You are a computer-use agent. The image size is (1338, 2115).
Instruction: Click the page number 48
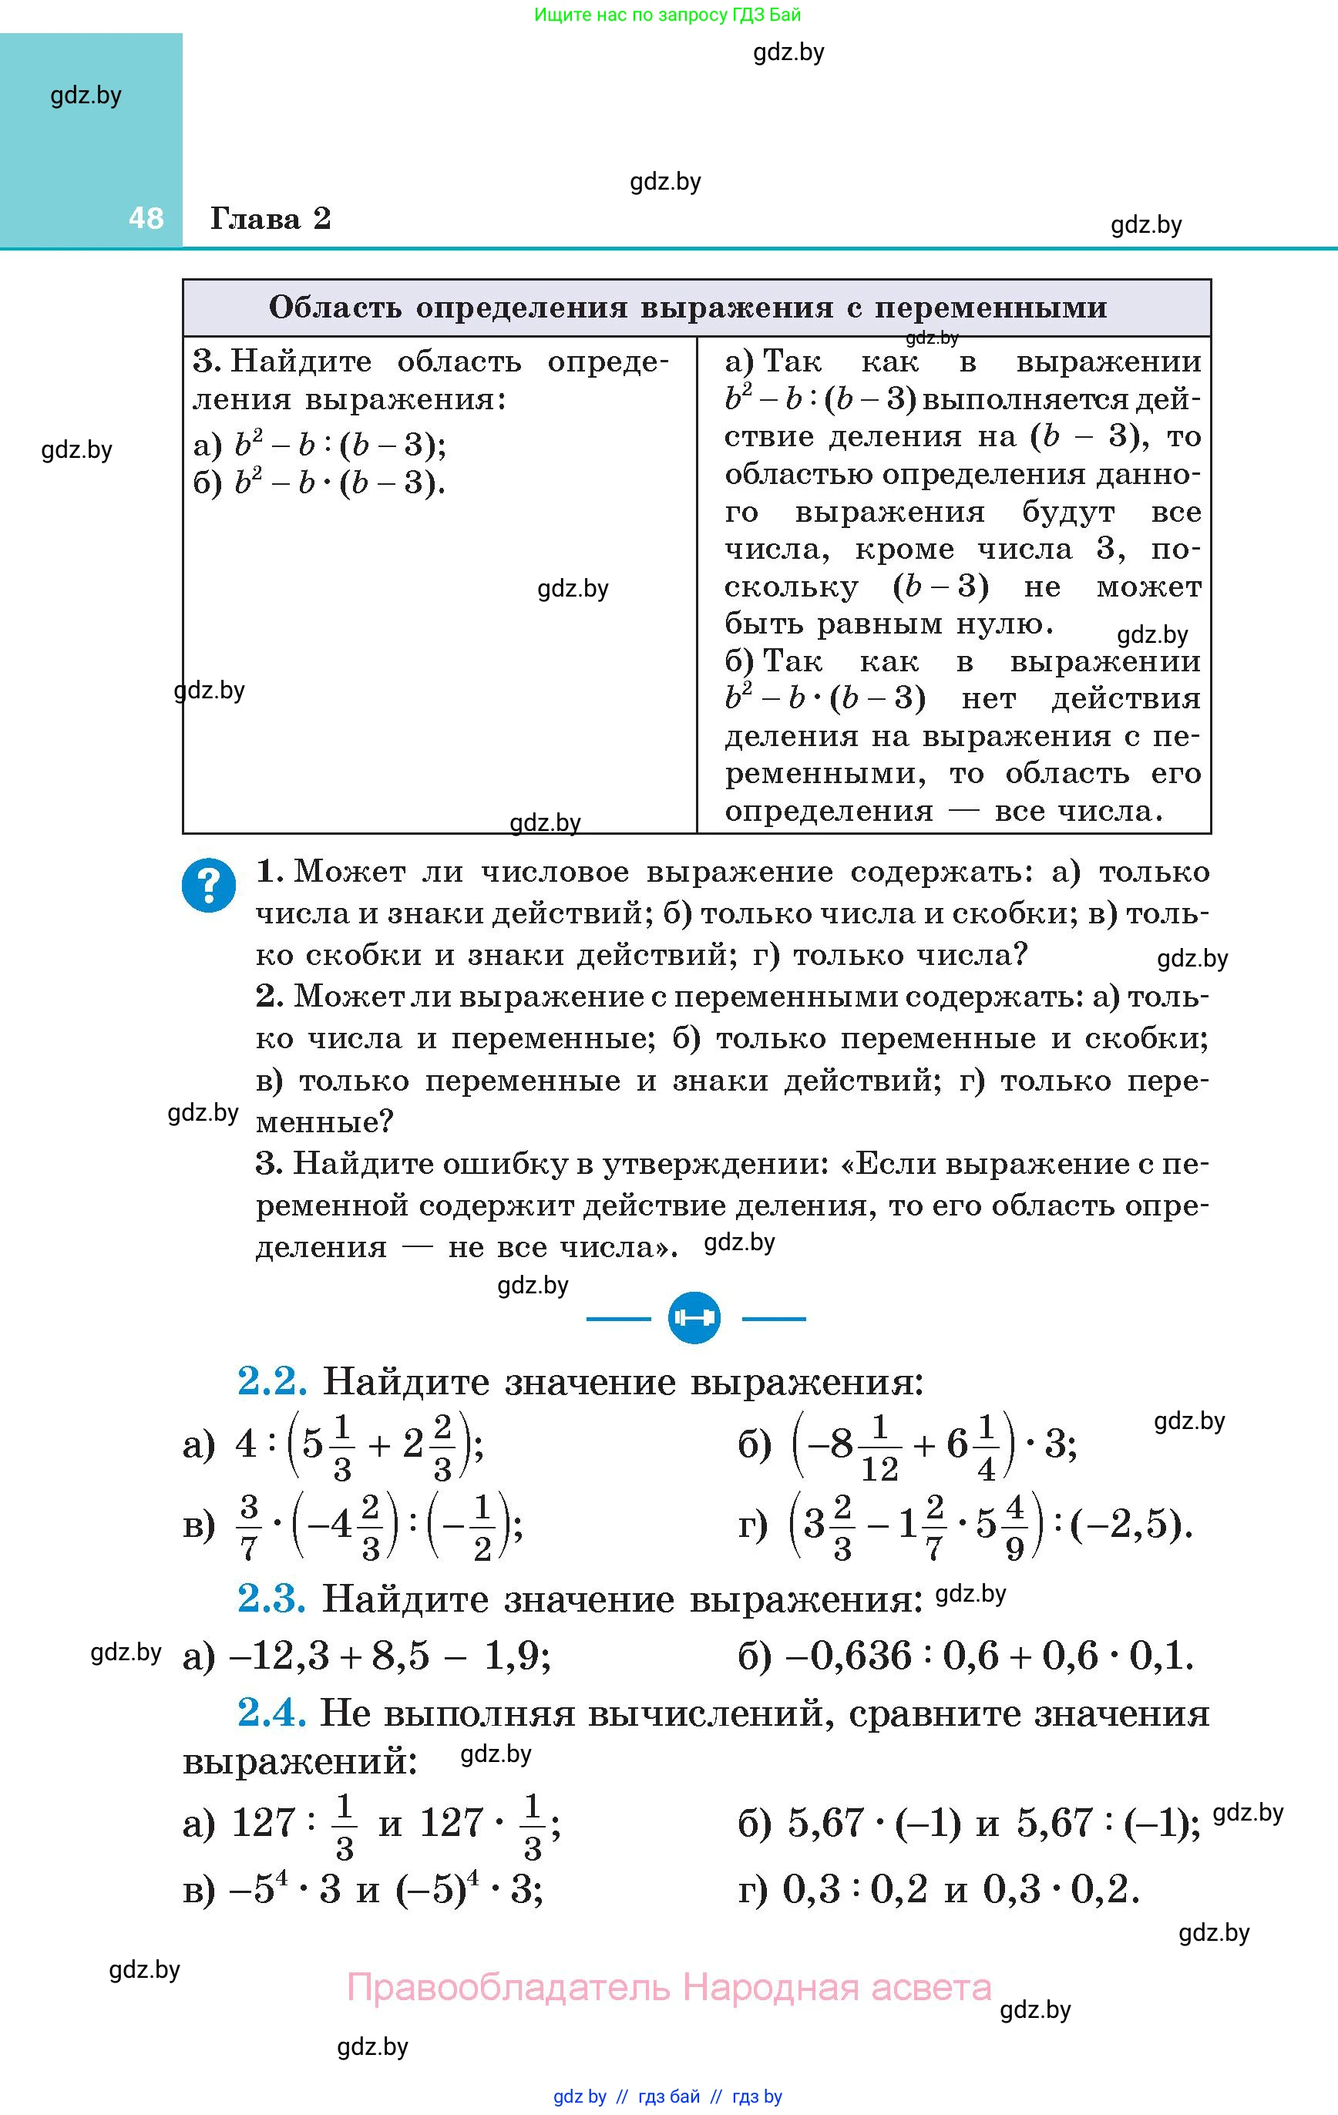click(146, 218)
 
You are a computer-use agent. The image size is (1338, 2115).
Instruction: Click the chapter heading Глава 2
click(271, 218)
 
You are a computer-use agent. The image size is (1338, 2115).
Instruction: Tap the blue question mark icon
click(209, 886)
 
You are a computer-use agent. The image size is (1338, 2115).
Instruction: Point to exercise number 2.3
click(271, 1599)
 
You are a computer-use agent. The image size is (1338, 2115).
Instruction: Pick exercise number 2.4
click(271, 1713)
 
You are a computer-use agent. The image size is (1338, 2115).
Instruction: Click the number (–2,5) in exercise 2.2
click(1130, 1525)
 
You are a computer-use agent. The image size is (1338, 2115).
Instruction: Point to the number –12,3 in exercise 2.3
click(278, 1656)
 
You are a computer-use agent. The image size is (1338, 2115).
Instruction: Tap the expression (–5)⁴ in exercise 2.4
click(439, 1888)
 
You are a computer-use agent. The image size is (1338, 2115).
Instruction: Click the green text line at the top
click(667, 15)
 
